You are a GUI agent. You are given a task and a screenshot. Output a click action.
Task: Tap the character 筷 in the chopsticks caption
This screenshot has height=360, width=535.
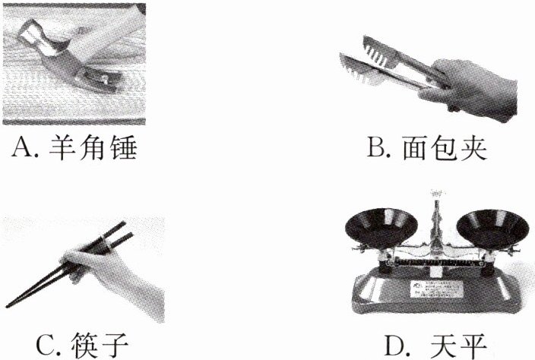(x=83, y=346)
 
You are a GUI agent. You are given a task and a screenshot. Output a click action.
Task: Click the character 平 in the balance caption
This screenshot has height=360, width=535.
(x=473, y=346)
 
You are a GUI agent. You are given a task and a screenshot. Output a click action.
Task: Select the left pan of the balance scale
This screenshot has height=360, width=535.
(x=381, y=227)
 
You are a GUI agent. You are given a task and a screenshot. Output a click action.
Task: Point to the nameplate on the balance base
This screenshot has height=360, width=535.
(x=437, y=289)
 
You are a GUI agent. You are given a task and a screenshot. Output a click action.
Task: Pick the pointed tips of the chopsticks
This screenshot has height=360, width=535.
(x=10, y=304)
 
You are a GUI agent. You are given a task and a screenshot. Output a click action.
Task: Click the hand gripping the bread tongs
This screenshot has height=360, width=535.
(x=471, y=90)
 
